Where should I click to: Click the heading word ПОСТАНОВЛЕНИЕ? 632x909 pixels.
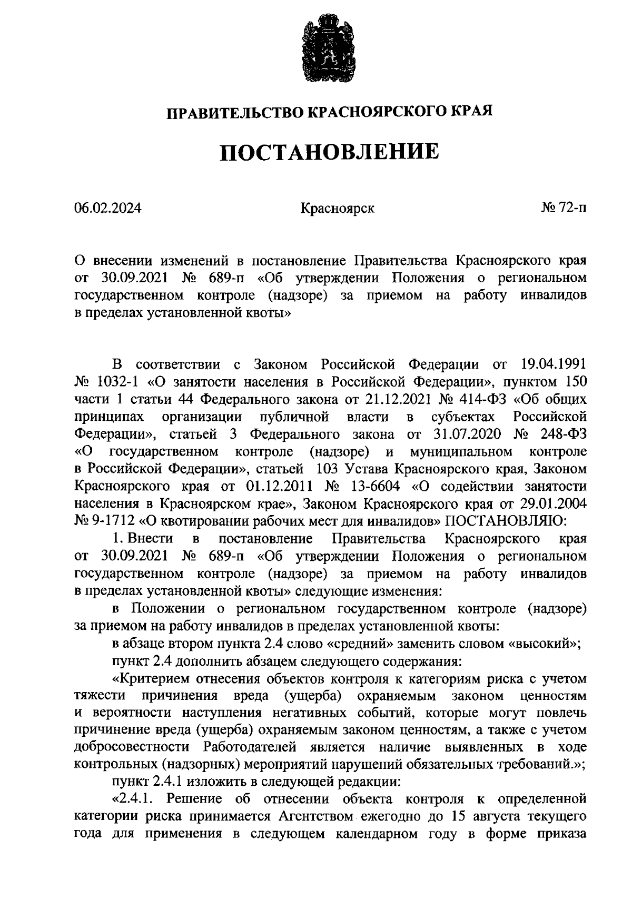coord(329,152)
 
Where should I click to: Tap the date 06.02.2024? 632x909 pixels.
coord(108,208)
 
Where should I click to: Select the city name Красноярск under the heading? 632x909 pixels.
coord(337,209)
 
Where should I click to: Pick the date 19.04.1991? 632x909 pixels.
coord(554,364)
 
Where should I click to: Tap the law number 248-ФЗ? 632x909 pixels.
coord(558,434)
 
